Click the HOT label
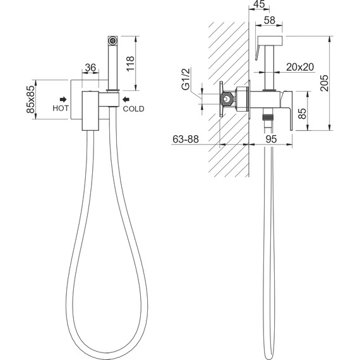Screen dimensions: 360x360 (x=61, y=108)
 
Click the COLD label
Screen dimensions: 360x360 (x=133, y=109)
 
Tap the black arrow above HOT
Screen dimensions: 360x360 (x=63, y=99)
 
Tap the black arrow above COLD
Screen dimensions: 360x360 (x=126, y=99)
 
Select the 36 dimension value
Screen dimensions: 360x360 (x=90, y=68)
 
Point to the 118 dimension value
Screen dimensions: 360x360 (x=130, y=63)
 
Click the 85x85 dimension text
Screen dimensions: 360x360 (x=31, y=99)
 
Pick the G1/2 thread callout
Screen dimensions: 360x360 (x=186, y=79)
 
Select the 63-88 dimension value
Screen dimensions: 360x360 (x=186, y=139)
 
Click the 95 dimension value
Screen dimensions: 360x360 (x=271, y=139)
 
